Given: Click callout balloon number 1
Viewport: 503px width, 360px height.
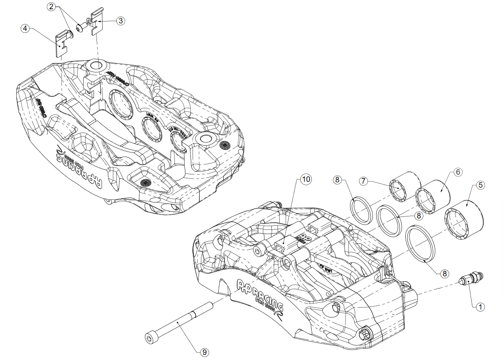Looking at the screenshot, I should point(479,307).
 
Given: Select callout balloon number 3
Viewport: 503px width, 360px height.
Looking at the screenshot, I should point(120,21).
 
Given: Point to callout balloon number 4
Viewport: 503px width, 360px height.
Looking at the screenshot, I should point(26,28).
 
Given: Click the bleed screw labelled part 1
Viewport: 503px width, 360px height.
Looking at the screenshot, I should point(471,278).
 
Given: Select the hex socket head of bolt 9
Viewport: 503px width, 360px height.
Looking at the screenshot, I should point(150,338).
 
